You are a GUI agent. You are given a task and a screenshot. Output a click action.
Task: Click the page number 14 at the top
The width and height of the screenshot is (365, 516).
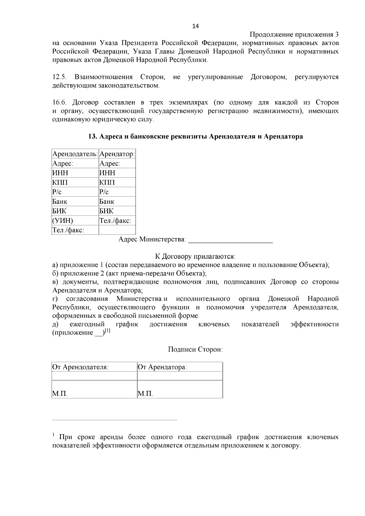point(196,26)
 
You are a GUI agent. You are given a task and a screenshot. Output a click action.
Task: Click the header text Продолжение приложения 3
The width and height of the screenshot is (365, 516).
point(294,34)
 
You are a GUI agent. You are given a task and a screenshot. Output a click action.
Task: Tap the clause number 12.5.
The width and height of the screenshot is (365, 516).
point(59,77)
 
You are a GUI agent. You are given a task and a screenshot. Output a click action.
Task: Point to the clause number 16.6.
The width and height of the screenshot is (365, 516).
point(59,102)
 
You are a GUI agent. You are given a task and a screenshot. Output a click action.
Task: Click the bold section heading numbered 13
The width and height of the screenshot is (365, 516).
point(195,137)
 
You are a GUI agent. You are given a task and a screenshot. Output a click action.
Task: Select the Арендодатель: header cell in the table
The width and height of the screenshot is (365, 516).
point(75,154)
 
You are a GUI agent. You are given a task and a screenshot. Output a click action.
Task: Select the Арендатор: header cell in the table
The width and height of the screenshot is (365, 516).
point(117,154)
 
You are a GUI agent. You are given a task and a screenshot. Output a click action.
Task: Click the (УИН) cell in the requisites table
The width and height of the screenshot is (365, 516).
point(63,220)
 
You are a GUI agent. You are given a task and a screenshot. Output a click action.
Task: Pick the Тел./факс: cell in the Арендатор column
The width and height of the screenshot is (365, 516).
point(116,220)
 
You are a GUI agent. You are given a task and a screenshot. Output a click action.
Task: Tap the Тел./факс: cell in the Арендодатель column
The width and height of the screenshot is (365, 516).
point(68,230)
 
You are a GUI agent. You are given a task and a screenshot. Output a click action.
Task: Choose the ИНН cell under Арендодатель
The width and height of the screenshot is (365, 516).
point(60,173)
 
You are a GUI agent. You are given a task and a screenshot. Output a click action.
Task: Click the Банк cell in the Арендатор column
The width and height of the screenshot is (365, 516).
point(107,202)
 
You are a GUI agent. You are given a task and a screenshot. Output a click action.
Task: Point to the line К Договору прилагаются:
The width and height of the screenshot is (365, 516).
point(195,256)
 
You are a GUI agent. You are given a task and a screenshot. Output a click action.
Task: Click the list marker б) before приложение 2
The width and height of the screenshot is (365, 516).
point(55,273)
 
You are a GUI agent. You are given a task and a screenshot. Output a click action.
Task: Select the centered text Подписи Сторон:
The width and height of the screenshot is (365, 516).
point(195,349)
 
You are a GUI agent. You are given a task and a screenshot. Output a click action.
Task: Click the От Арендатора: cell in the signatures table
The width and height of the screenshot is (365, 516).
point(162,367)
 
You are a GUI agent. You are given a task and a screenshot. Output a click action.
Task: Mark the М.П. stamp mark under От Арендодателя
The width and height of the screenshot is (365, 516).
point(60,394)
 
